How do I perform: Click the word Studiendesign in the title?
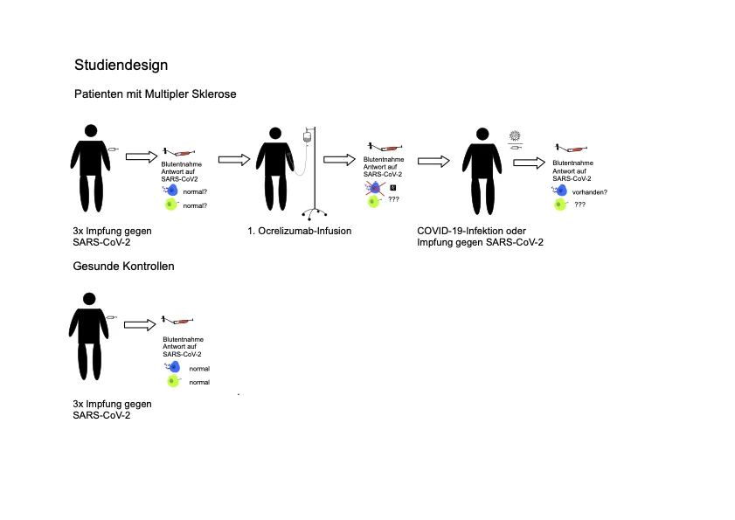(x=121, y=65)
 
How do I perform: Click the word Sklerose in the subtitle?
(x=212, y=94)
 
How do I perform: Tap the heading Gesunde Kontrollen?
(x=123, y=266)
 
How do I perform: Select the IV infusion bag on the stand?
(x=306, y=137)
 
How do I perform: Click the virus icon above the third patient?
(x=514, y=135)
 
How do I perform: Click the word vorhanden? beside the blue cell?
(x=590, y=191)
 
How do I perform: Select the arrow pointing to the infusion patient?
(x=234, y=158)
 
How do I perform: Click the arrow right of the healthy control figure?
(x=140, y=324)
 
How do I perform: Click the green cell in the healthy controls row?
(x=173, y=382)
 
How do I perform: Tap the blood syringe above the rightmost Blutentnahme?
(x=568, y=150)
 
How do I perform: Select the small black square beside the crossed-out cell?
(x=392, y=187)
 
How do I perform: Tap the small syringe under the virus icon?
(x=516, y=149)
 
